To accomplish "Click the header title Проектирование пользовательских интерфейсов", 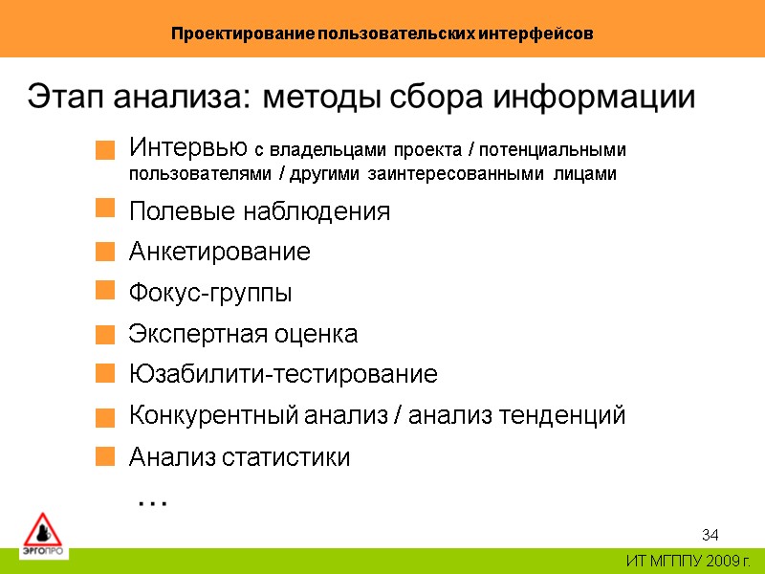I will point(382,33).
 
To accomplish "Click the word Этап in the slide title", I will point(66,98).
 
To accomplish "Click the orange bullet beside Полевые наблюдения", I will point(105,208).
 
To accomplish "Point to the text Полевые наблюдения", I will point(259,211).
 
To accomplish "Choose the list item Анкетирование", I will point(219,253).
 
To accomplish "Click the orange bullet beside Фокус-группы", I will point(105,290).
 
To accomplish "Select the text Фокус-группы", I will point(210,294).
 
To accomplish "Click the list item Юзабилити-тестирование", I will point(283,374).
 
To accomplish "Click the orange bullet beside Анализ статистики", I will point(105,454).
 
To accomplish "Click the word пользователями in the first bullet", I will point(188,174).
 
